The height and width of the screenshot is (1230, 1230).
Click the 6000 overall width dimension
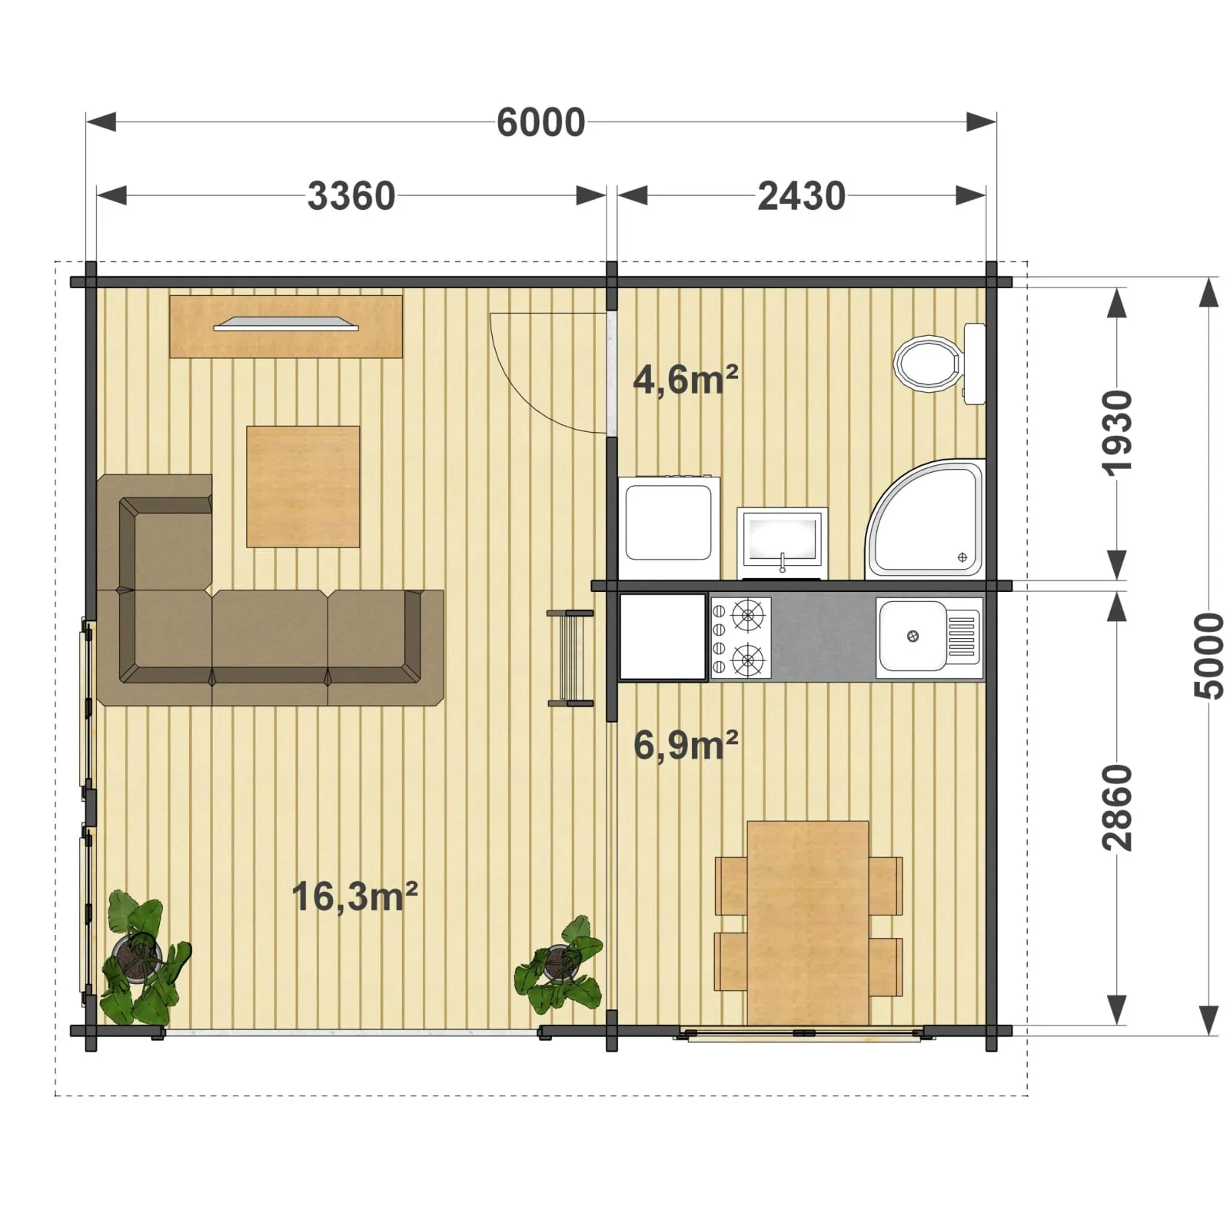540,122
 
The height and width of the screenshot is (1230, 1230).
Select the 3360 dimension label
351,196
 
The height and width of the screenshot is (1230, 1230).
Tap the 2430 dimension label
801,196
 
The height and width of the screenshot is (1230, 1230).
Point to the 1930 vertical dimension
1117,433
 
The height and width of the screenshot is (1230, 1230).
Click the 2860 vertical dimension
1117,807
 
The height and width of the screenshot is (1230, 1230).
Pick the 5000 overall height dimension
1209,656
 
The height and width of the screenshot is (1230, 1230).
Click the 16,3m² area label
354,896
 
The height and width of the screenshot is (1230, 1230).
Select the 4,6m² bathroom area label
686,379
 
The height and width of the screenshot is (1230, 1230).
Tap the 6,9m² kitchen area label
686,744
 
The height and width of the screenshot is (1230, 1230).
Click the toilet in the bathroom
939,363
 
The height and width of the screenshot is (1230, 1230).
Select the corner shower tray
925,520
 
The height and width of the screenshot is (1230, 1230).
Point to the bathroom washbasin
782,542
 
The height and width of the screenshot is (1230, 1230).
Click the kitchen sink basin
913,636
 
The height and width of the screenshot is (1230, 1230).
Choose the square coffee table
303,487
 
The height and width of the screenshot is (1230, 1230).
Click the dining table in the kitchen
808,922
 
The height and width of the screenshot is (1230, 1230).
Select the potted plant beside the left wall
144,958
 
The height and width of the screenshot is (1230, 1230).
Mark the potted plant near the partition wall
559,965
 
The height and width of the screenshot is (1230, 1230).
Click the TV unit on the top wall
286,326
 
